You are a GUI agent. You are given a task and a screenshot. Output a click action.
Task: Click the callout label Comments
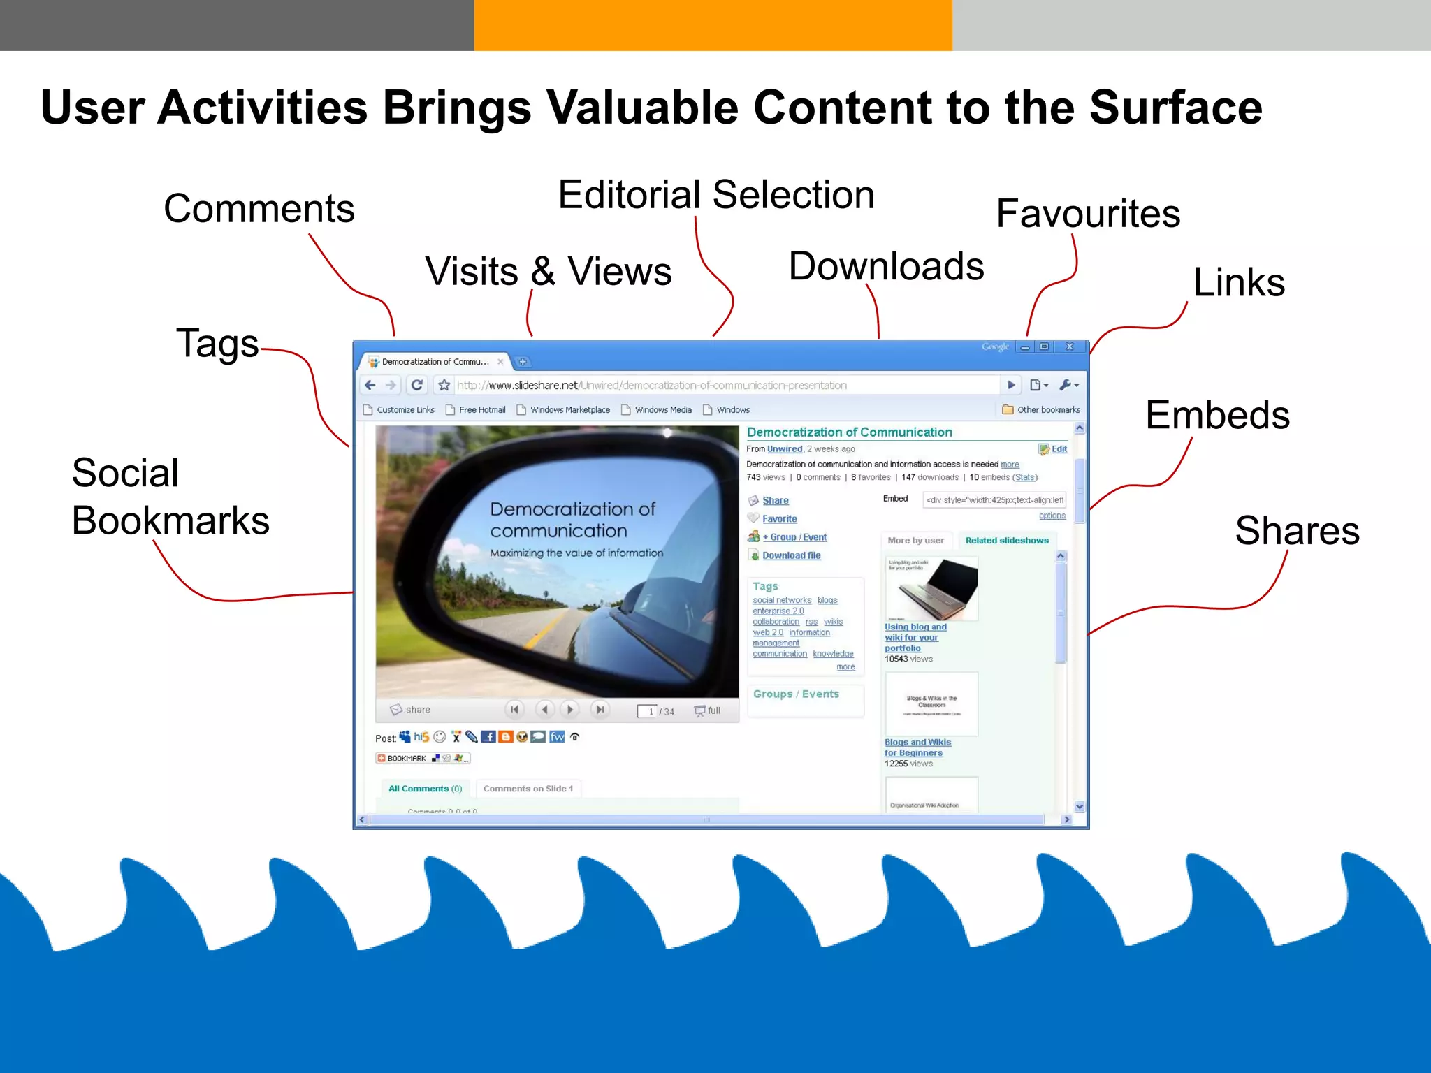(x=259, y=209)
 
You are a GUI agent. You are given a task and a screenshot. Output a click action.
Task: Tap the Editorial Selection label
(x=716, y=195)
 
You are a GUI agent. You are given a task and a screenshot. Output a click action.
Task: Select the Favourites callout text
(x=1088, y=214)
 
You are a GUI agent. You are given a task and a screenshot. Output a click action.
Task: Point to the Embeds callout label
(x=1217, y=415)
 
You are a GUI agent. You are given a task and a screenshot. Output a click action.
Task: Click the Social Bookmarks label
(x=170, y=497)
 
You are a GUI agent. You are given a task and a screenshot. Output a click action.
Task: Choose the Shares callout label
(x=1297, y=531)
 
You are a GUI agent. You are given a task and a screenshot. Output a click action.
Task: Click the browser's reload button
(x=417, y=385)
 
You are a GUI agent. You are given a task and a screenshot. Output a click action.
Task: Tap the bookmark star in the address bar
(x=444, y=385)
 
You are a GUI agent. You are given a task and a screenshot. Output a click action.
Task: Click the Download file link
(x=791, y=555)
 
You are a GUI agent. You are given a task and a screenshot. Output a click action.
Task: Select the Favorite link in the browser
(x=779, y=518)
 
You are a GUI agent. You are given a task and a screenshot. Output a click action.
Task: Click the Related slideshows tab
(x=1006, y=540)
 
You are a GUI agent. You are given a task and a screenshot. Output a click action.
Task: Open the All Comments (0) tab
(x=425, y=789)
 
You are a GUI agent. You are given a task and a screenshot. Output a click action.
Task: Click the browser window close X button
(x=1069, y=346)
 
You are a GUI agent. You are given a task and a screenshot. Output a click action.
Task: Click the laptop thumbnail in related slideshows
(x=931, y=588)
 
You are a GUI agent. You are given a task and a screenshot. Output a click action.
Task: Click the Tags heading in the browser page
(x=765, y=586)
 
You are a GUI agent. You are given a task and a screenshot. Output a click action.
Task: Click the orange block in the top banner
(x=713, y=25)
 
